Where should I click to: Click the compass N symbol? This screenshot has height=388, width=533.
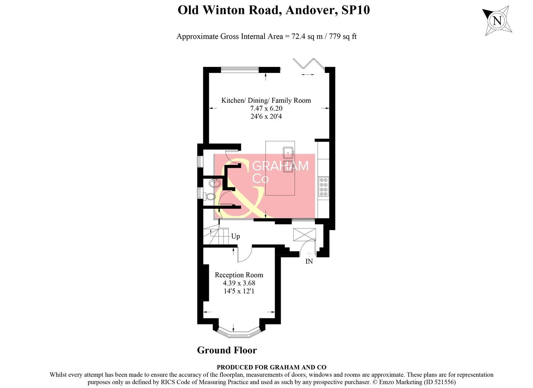click(497, 20)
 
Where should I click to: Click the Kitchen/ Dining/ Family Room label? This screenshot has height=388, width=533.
click(266, 101)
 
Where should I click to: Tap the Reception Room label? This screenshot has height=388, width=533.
click(239, 275)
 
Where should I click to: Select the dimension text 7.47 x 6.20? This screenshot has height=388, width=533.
click(266, 108)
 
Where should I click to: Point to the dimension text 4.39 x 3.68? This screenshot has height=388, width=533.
click(239, 283)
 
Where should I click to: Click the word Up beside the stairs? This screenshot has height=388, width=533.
click(235, 236)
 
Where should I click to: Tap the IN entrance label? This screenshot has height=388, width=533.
click(309, 262)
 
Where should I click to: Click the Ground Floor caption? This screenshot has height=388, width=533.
click(227, 350)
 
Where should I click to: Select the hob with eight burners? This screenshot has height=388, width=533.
click(323, 187)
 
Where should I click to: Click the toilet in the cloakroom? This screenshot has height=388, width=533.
click(210, 197)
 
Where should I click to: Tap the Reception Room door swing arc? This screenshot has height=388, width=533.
click(244, 254)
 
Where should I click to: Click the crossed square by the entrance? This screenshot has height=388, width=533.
click(304, 235)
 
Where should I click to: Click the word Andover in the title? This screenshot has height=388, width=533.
click(311, 10)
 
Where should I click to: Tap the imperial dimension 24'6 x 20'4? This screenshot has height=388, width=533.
click(266, 116)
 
